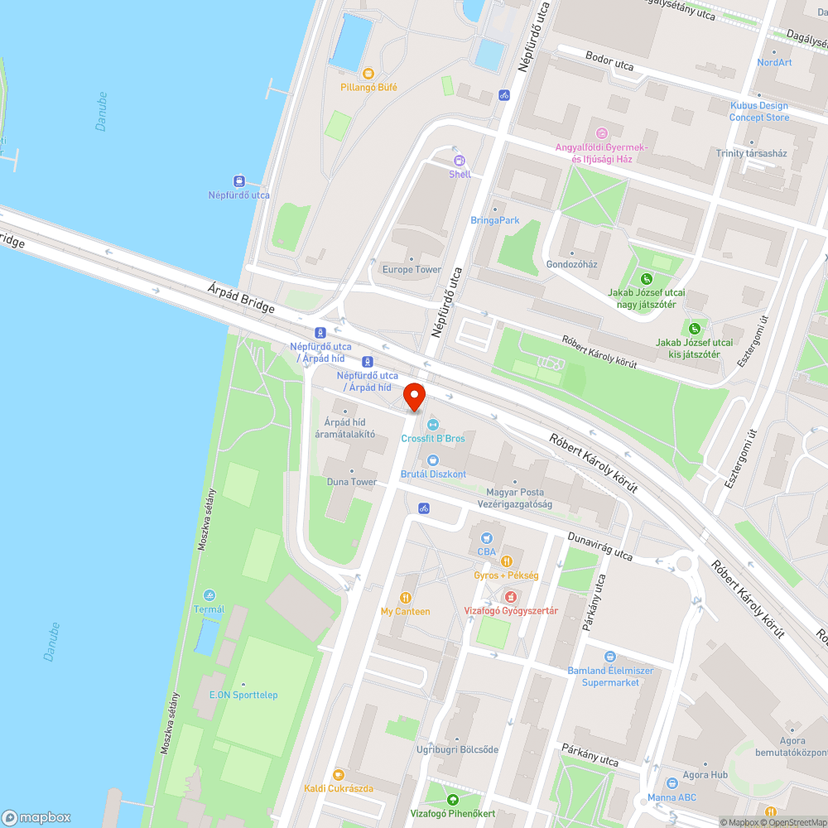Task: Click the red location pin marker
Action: (x=414, y=397)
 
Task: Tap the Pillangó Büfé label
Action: (x=368, y=87)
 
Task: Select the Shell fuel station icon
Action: (x=460, y=160)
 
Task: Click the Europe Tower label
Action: (x=412, y=270)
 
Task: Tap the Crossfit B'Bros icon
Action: (x=432, y=425)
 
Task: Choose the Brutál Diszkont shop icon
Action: (x=432, y=460)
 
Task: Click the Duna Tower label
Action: (x=351, y=482)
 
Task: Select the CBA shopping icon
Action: (x=486, y=537)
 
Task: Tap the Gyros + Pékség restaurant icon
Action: (x=506, y=561)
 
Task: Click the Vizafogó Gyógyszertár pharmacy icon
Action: (x=511, y=596)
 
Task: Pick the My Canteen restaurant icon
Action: (x=405, y=598)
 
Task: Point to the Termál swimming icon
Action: (x=209, y=595)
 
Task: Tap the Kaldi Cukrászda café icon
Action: (x=338, y=774)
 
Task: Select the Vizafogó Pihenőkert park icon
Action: (x=452, y=800)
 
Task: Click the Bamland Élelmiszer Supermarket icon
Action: (x=610, y=657)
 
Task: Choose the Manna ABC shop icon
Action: (x=672, y=783)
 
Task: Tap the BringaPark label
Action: (x=494, y=220)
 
